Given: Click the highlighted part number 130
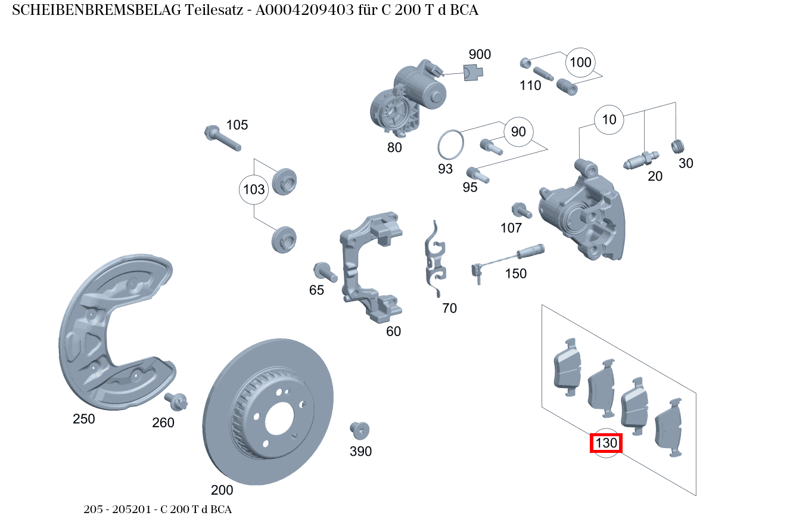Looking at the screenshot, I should click(606, 443).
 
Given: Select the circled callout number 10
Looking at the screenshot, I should click(609, 120).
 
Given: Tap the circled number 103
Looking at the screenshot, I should click(254, 190).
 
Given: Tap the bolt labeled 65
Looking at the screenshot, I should click(325, 272).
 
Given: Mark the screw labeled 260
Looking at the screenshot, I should click(178, 402).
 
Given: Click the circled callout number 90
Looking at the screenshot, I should click(518, 132).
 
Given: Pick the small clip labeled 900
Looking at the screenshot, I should click(473, 73).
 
